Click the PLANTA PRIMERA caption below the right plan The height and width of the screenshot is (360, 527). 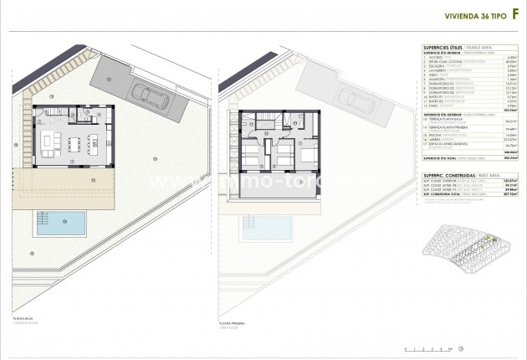232,321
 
